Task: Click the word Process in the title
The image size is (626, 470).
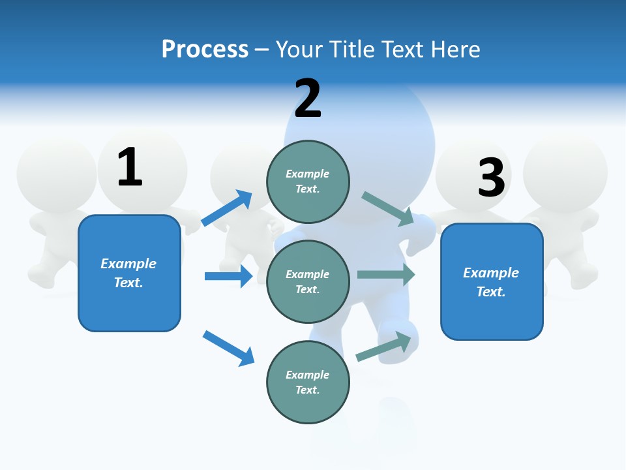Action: (205, 50)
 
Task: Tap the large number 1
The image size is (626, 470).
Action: (129, 168)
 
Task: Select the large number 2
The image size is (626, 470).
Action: (308, 99)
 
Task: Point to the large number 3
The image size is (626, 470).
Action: (491, 178)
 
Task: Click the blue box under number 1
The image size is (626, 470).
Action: (129, 273)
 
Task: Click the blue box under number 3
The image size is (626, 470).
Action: (492, 281)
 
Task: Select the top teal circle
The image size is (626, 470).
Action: (308, 181)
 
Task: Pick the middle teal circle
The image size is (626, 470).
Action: (308, 281)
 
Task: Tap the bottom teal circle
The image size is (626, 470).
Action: (308, 382)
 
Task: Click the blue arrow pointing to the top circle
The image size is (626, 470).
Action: (227, 208)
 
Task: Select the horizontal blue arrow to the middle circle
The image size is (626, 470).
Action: (228, 276)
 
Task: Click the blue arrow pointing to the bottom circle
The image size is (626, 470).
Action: (228, 348)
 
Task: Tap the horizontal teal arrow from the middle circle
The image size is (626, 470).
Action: (386, 274)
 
